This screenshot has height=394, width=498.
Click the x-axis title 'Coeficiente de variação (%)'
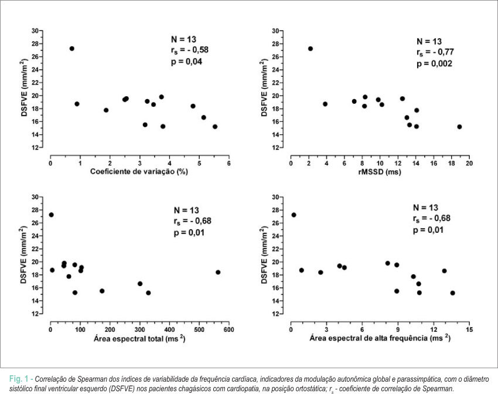tap(139, 172)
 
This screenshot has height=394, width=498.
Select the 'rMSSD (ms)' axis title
tap(380, 172)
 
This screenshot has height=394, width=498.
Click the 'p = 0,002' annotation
tap(434, 63)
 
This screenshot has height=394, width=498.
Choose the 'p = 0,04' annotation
tap(186, 62)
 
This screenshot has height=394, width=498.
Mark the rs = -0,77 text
tap(435, 52)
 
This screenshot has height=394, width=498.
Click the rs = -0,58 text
tap(190, 50)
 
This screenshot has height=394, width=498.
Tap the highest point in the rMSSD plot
tap(311, 49)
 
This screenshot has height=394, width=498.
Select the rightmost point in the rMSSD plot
tap(459, 127)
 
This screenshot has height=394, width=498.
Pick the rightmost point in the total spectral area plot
tap(218, 272)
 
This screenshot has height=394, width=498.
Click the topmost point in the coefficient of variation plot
tap(72, 49)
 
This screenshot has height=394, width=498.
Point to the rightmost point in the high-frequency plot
tap(452, 293)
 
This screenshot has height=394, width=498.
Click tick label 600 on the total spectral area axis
tap(228, 330)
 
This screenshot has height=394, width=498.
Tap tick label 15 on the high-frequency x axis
tap(469, 330)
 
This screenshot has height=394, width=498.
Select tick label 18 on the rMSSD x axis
tap(451, 164)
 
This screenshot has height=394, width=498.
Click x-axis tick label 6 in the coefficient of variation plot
tap(228, 164)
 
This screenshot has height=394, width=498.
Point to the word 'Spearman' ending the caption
tap(441, 389)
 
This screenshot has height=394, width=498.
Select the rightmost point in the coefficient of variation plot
tap(214, 127)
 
